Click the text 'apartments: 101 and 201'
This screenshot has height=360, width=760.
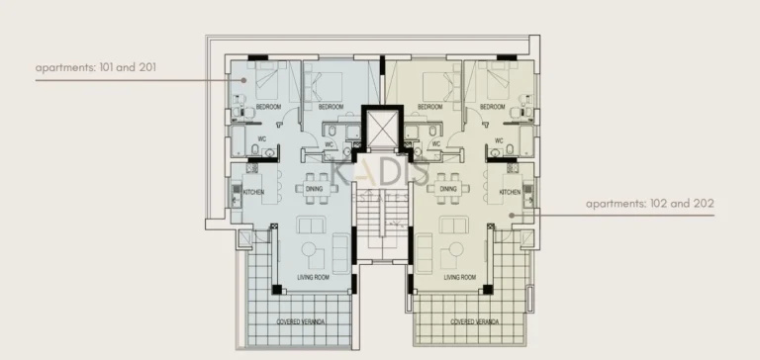(96, 67)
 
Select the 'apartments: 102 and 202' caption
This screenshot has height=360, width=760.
(649, 204)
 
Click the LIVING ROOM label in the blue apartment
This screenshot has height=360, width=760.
(313, 277)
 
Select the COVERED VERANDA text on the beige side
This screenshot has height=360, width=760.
(474, 322)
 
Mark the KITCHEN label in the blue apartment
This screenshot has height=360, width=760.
(251, 191)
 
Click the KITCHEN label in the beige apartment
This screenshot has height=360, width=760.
(510, 191)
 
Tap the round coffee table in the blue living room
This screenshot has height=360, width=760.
(313, 248)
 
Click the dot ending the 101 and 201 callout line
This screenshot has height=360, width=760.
(245, 79)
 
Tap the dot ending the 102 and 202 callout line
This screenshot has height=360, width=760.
(511, 215)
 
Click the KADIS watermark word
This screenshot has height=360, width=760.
(379, 174)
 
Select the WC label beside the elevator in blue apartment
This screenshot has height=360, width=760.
(329, 144)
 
